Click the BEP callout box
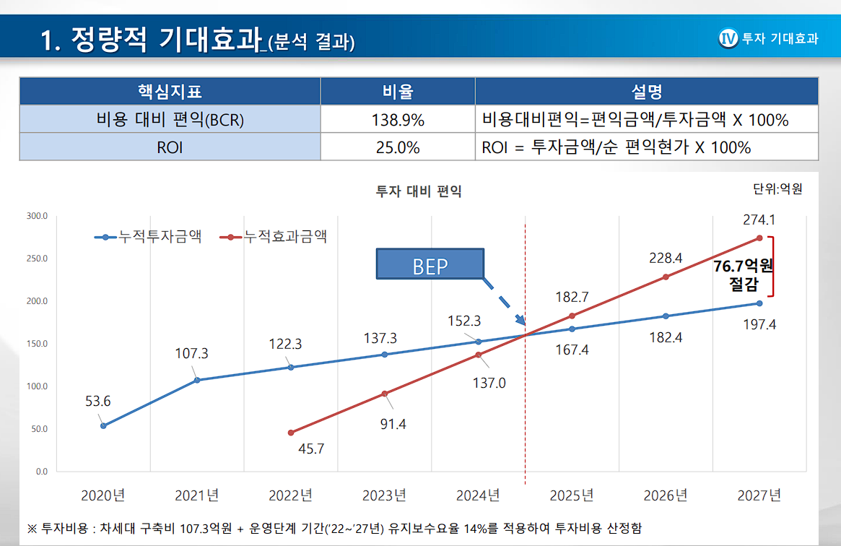click(430, 266)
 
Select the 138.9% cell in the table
click(398, 120)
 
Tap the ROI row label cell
click(170, 147)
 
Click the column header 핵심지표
click(170, 92)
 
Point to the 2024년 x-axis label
click(478, 495)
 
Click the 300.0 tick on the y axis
click(37, 216)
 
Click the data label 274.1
click(759, 219)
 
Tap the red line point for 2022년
click(291, 433)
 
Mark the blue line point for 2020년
click(103, 425)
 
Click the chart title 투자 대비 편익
click(419, 191)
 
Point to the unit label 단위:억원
click(777, 189)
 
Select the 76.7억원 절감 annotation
click(743, 274)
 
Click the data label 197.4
click(759, 324)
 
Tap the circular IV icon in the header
click(728, 38)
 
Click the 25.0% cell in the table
click(398, 147)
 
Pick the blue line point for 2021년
click(197, 380)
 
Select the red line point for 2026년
click(666, 277)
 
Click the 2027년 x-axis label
click(759, 495)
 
